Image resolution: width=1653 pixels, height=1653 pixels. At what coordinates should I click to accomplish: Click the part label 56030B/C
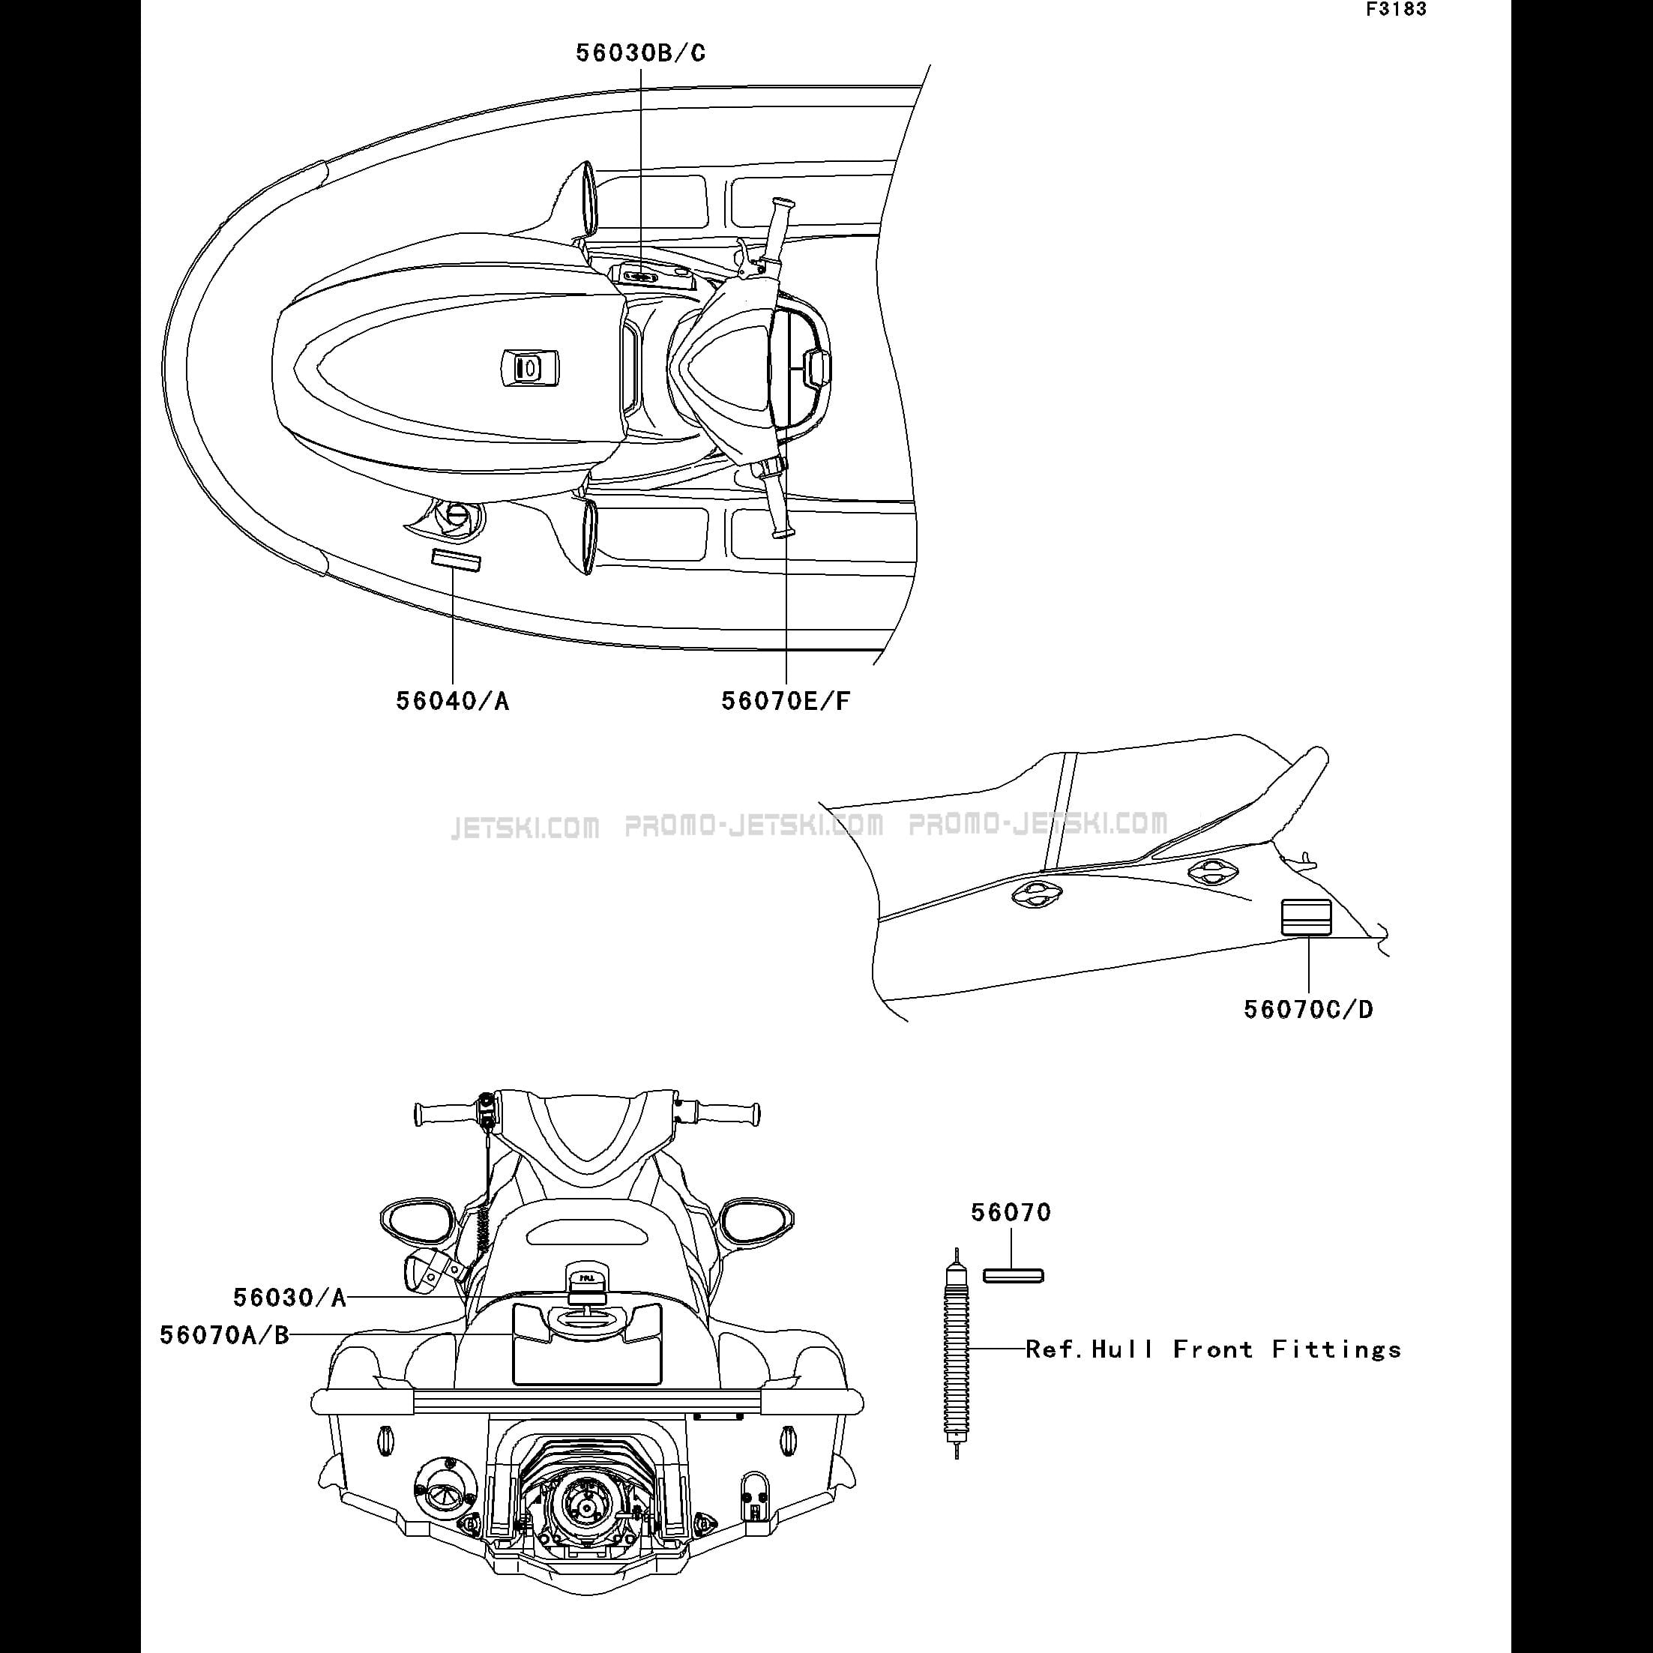click(641, 53)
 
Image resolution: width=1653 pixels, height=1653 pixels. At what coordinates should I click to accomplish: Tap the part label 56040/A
click(453, 702)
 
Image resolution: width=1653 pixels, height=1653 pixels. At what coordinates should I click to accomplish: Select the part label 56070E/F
click(786, 702)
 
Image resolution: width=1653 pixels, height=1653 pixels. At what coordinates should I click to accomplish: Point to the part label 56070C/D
click(1308, 1010)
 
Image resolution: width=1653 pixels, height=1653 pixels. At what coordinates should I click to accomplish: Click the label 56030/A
click(290, 1298)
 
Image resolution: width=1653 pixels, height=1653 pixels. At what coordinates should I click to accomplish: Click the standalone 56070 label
click(1011, 1212)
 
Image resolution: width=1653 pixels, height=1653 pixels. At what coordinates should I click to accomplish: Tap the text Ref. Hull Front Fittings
click(1213, 1350)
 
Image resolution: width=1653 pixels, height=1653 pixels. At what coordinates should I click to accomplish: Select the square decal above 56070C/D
click(1307, 918)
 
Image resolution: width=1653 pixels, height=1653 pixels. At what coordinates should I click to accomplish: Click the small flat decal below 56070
click(1013, 1277)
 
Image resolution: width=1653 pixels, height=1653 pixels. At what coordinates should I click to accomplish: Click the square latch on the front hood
click(529, 368)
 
